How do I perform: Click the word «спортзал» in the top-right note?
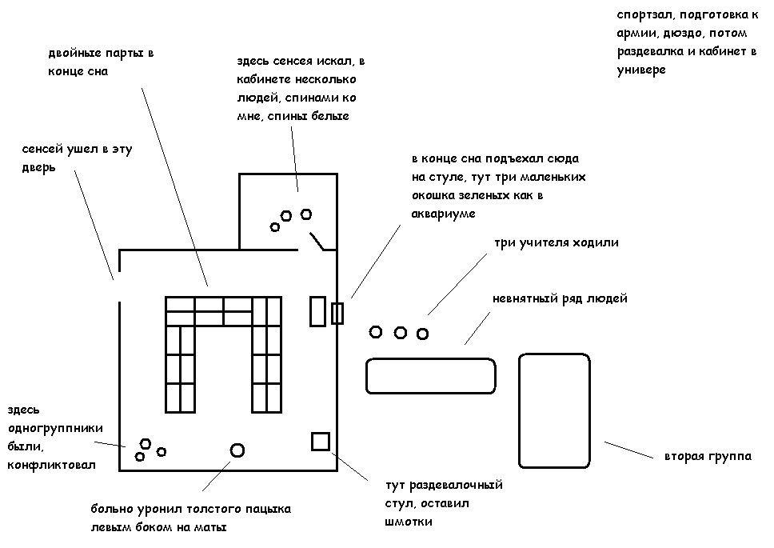tap(643, 16)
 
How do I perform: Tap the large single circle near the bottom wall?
tap(237, 450)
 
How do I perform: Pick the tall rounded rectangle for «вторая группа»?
tap(555, 410)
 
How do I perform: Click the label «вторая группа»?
tap(707, 457)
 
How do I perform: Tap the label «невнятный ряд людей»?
tap(560, 299)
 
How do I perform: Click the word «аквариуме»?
tap(443, 214)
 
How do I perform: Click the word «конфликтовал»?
tap(51, 465)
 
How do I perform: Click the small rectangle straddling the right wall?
tap(337, 313)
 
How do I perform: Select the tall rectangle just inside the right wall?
tap(317, 310)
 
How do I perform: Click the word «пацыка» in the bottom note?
tap(267, 509)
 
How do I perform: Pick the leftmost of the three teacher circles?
tap(376, 331)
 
